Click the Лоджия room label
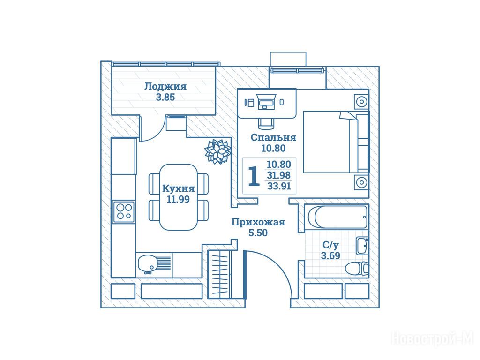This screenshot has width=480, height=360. point(165,86)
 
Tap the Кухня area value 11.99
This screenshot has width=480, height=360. point(178,199)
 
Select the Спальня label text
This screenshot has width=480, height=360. point(273,138)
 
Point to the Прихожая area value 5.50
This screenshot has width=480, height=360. point(258,233)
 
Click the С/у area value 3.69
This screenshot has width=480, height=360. point(330,255)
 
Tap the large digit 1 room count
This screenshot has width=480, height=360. point(254,176)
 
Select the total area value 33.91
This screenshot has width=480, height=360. point(279,186)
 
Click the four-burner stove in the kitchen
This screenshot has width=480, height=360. point(124,211)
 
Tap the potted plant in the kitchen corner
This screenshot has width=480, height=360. point(217,151)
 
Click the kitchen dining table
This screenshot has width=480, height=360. point(179,197)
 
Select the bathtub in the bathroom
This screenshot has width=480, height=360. point(337,217)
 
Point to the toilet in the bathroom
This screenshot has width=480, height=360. point(357,269)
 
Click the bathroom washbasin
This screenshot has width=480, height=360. point(362,246)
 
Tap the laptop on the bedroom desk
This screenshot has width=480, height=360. point(267,102)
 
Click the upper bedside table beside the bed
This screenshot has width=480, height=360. point(361,101)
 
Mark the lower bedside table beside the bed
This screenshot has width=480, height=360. point(361,182)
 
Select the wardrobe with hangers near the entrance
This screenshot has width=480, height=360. point(220,274)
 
